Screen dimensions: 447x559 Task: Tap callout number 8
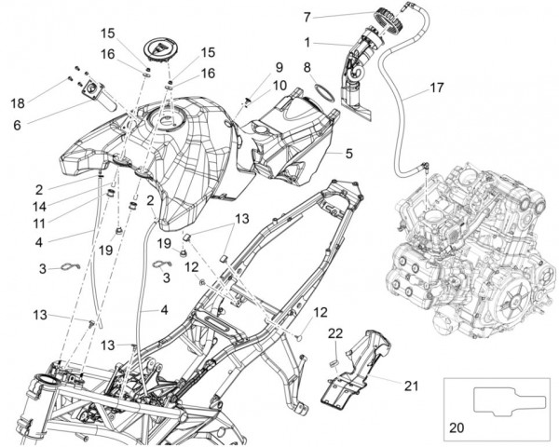[307, 67]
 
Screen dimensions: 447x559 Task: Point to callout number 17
[437, 89]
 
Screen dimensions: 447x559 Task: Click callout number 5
[348, 152]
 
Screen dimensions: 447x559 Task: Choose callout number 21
[412, 382]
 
